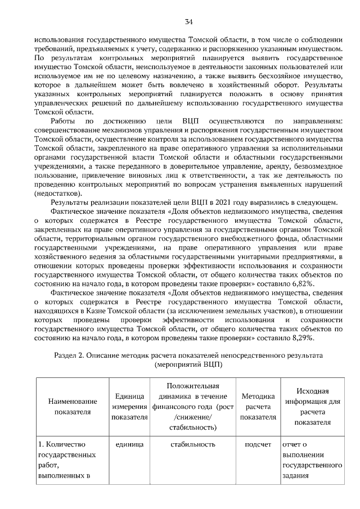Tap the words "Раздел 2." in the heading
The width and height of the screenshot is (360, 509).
(69, 356)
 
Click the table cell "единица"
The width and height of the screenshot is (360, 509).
(129, 444)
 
